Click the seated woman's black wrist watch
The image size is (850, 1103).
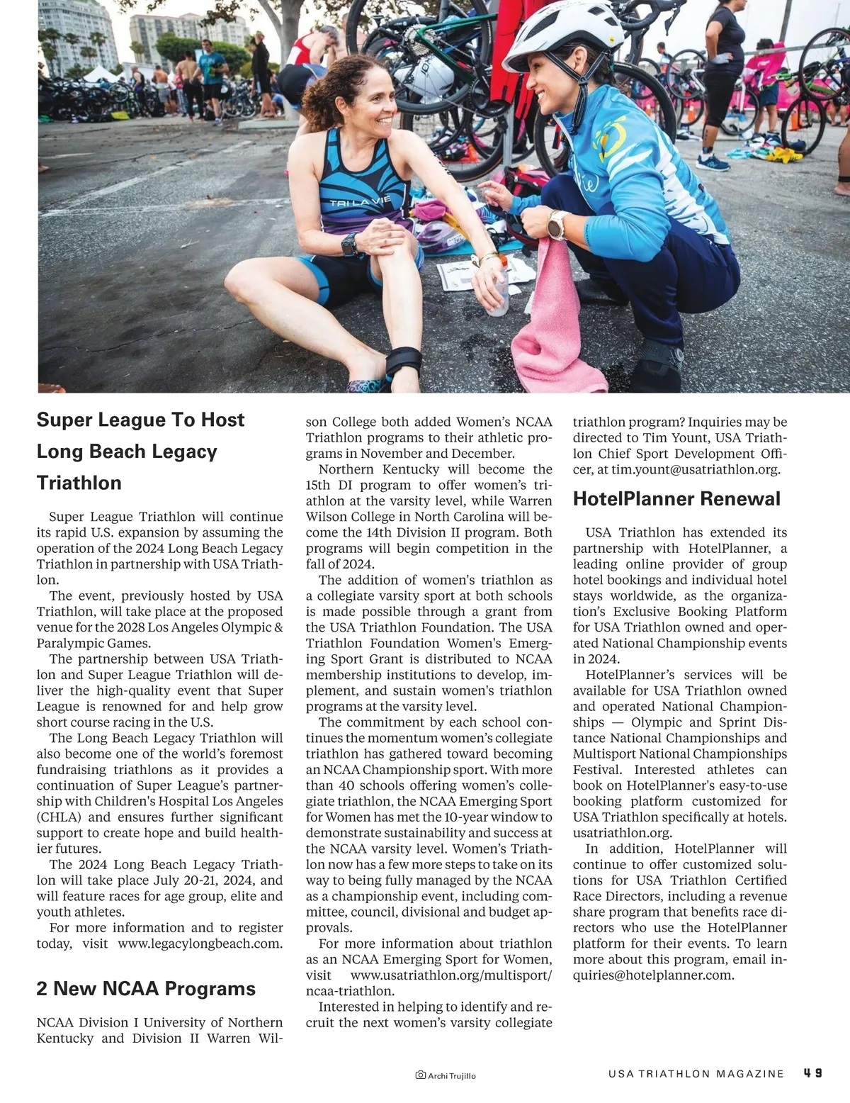349,245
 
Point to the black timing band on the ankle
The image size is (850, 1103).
403,362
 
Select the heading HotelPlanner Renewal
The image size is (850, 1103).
676,499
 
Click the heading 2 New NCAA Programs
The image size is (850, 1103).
146,989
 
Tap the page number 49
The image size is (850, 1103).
812,1073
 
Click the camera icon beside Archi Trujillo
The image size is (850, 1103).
420,1075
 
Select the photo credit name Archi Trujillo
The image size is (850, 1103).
452,1076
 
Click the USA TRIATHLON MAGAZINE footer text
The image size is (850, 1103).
696,1074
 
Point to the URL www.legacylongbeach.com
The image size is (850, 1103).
200,944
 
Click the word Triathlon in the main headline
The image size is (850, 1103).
79,483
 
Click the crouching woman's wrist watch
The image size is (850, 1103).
557,225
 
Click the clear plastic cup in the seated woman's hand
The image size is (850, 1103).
498,298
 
